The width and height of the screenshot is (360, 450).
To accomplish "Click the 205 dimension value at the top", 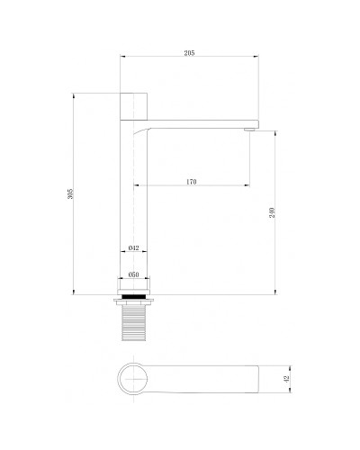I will click(x=189, y=54).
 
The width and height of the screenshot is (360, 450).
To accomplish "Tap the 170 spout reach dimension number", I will click(x=191, y=183).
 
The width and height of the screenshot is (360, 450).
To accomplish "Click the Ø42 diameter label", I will click(x=132, y=247).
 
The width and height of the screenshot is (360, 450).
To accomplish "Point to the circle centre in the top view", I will click(x=134, y=382).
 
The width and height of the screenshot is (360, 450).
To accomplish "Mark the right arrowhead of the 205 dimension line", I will click(x=257, y=58).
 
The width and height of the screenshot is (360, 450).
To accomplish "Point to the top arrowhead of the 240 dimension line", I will click(x=276, y=130).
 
